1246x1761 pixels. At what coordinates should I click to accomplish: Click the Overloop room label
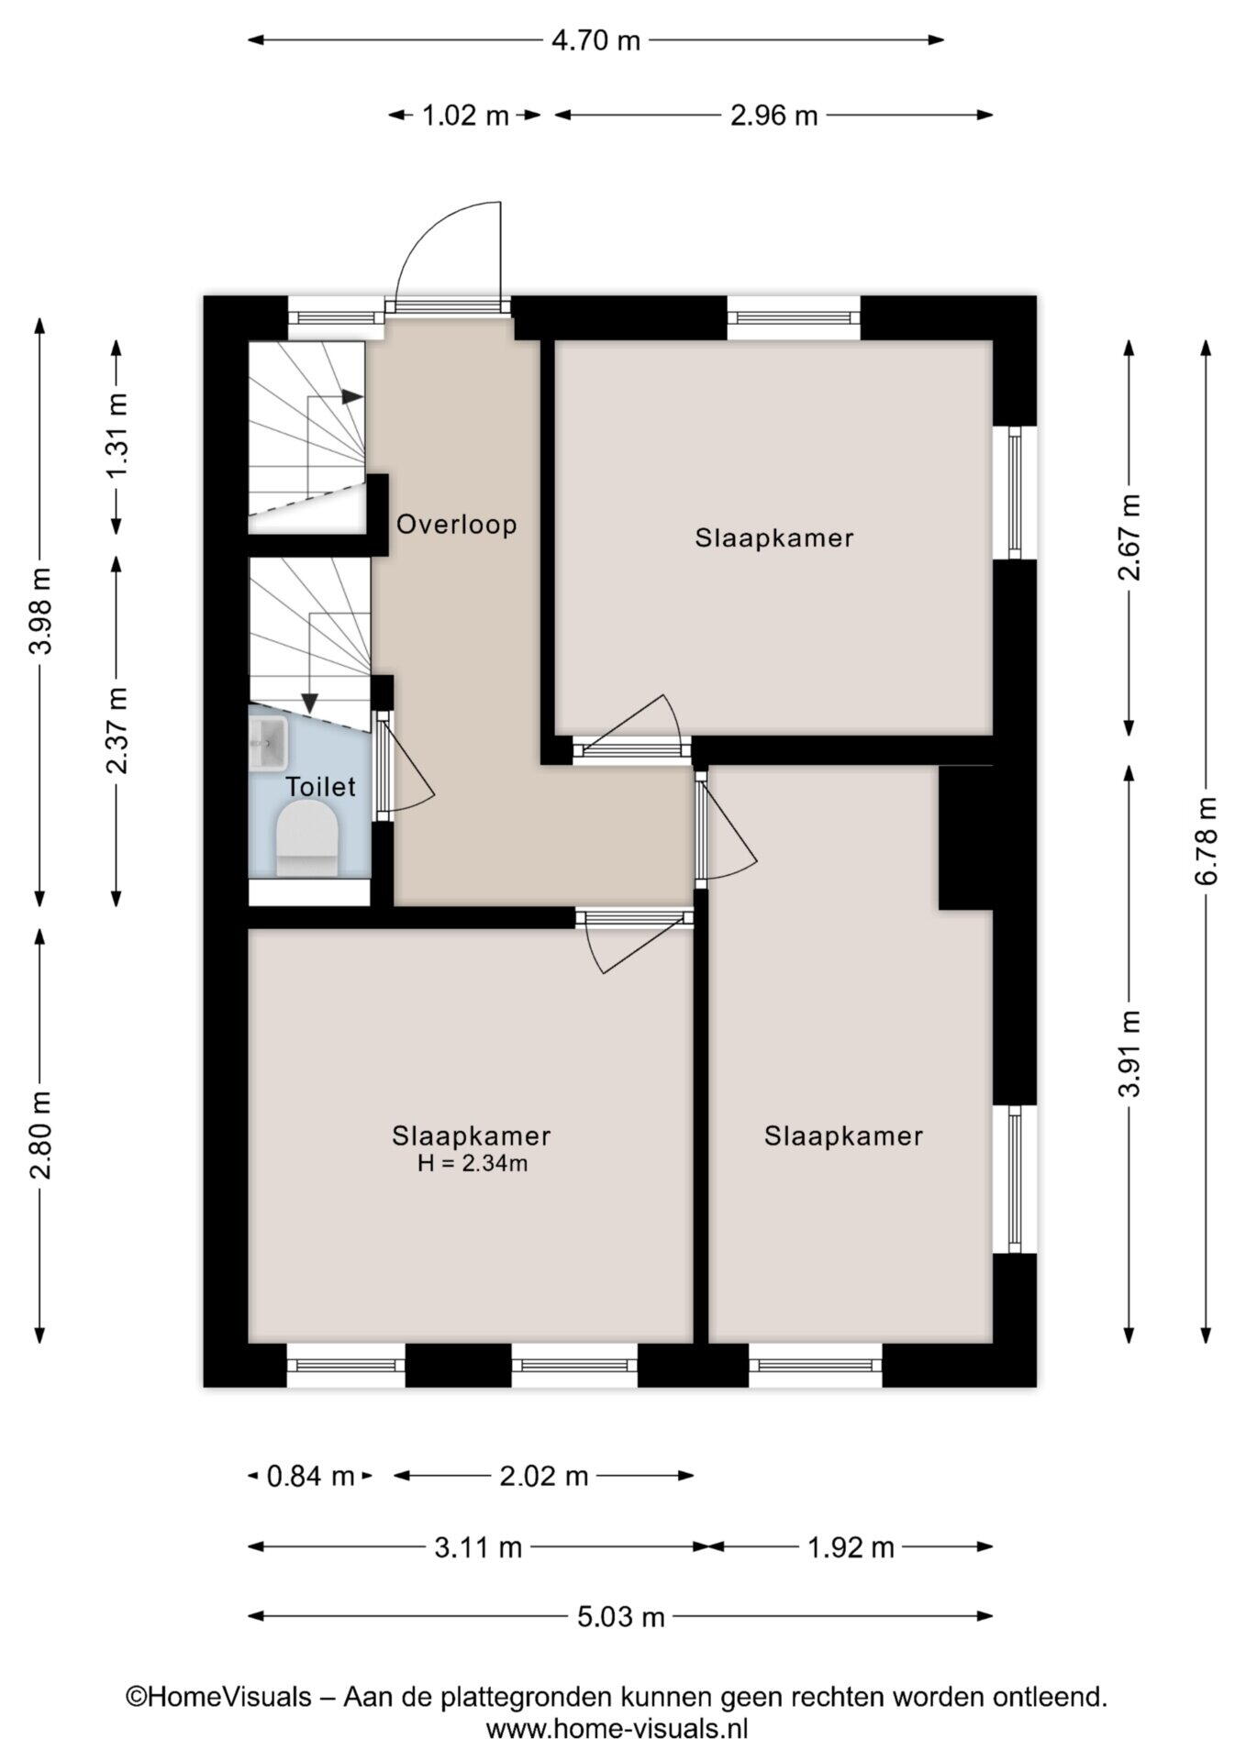[456, 525]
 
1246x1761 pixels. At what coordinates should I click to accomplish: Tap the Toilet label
[320, 787]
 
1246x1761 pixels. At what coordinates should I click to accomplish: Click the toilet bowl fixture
[307, 837]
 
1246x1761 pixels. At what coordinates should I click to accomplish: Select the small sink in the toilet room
[268, 743]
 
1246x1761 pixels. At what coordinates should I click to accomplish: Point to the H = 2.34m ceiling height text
[472, 1165]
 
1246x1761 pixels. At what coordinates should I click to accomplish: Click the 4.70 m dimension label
[595, 40]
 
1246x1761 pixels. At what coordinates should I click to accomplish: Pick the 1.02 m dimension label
[465, 116]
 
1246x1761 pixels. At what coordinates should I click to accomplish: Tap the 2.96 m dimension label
[773, 116]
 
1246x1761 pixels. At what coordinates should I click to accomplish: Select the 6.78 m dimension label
[1206, 841]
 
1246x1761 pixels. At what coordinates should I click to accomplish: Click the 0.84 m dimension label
[310, 1476]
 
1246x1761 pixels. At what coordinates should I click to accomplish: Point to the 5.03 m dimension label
[619, 1616]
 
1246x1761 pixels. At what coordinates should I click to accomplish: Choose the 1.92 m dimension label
[851, 1547]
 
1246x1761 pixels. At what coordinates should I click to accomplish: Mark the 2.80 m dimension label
[40, 1135]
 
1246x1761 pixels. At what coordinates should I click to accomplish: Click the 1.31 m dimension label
[117, 435]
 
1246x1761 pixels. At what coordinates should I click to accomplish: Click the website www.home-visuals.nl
[617, 1730]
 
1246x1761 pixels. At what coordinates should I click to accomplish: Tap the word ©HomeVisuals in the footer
[218, 1698]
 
